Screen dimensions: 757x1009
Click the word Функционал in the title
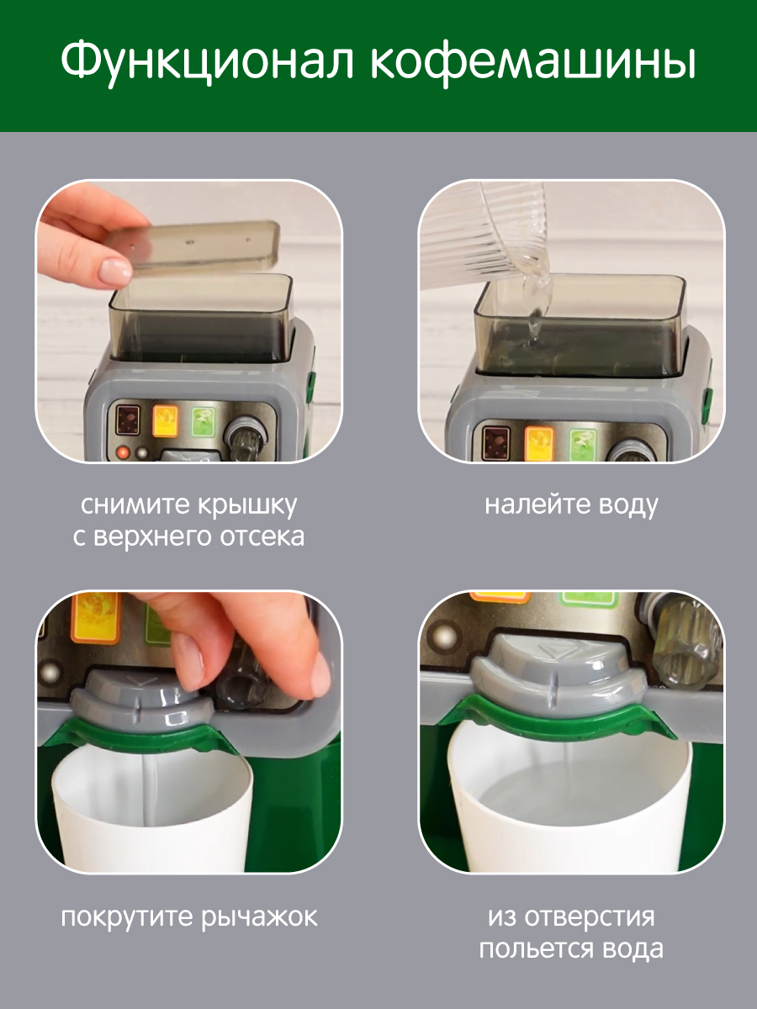click(x=207, y=61)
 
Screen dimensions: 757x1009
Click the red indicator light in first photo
click(x=123, y=452)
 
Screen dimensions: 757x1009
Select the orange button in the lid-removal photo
click(x=165, y=420)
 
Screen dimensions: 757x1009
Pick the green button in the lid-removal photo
click(x=204, y=421)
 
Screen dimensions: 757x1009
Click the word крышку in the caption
click(x=247, y=505)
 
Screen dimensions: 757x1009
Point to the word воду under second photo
click(x=622, y=505)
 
